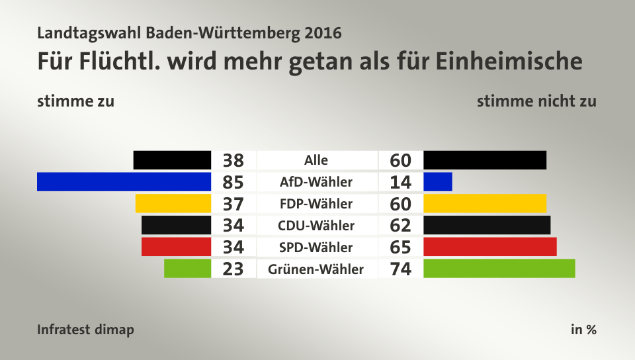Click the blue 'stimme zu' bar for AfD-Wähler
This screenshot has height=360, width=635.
click(x=124, y=181)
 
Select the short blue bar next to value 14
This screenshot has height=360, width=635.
click(x=437, y=181)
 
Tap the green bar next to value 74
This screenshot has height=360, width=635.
click(x=499, y=269)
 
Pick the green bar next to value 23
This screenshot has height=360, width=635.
click(x=187, y=269)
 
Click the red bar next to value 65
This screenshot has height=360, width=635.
click(x=489, y=247)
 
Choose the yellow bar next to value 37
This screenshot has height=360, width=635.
click(x=173, y=203)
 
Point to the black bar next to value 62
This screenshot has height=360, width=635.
click(x=486, y=225)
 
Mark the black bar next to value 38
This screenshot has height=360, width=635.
click(x=172, y=159)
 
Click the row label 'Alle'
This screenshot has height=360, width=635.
click(x=316, y=160)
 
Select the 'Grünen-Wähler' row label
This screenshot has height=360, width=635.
click(x=316, y=269)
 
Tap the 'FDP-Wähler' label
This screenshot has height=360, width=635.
click(x=316, y=204)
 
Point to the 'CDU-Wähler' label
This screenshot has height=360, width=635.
click(x=316, y=226)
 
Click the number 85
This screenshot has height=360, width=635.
click(x=233, y=182)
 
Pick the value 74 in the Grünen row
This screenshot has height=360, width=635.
click(x=401, y=269)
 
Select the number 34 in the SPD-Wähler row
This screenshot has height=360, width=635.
click(x=233, y=247)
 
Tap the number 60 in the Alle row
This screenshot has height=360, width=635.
click(x=401, y=160)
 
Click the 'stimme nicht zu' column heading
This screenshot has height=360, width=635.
click(x=536, y=101)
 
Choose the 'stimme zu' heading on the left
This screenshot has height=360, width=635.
click(x=75, y=101)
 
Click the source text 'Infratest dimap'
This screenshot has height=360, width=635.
click(x=85, y=330)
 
